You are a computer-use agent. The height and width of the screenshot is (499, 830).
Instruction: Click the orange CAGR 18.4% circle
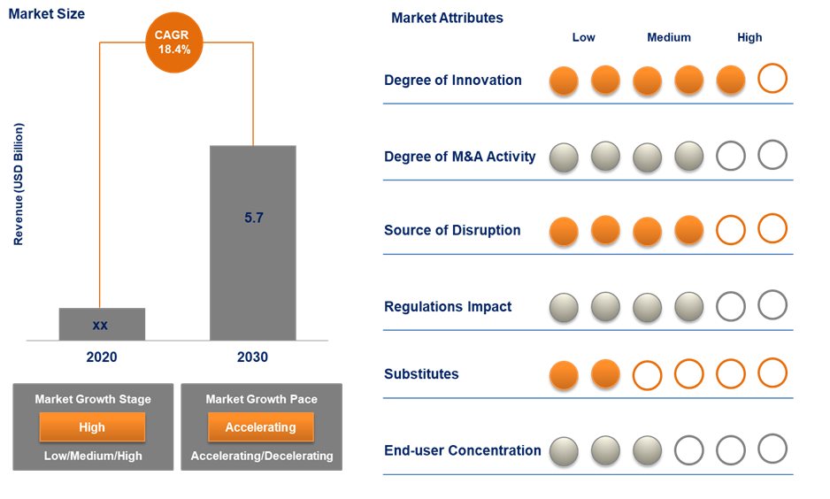point(173,42)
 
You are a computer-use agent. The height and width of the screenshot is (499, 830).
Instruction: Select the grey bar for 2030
point(253,265)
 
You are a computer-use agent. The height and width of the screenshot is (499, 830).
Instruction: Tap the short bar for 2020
point(102,324)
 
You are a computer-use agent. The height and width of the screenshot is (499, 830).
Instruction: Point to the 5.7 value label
point(254,218)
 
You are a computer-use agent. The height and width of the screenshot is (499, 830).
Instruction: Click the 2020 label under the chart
point(102,357)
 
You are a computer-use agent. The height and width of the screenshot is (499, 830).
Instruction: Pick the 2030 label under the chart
point(253,357)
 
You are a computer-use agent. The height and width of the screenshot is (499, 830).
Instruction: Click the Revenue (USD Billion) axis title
point(19,184)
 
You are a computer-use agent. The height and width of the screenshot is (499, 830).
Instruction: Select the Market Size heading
point(47,14)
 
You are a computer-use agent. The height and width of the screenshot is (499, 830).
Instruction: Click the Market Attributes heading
point(447,18)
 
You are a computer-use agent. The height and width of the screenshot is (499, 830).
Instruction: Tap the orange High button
point(92,427)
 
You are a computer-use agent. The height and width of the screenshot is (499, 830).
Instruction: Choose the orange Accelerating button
point(260,427)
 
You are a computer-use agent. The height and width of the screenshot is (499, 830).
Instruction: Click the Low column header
point(584,37)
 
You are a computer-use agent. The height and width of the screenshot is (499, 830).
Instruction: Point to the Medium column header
point(669,37)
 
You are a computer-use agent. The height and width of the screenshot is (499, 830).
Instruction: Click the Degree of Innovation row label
point(453,81)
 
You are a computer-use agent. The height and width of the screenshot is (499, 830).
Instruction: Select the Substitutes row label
point(421,374)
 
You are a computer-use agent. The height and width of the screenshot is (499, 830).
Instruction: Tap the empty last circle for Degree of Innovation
point(772,79)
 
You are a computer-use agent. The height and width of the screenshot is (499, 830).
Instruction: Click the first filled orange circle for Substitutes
point(564,374)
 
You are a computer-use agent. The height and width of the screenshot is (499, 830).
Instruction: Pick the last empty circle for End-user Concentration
point(772,449)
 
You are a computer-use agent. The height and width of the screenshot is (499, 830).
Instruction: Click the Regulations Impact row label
point(448,307)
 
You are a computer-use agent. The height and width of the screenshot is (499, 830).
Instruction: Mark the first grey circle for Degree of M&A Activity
point(564,157)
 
